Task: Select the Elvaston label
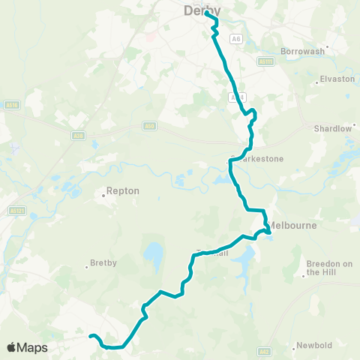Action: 337,78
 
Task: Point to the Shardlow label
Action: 333,128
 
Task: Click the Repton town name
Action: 124,190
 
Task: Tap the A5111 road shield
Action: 265,61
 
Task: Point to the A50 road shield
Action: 149,127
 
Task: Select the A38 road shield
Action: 78,135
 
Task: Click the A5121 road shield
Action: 17,211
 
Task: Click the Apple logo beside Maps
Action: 12,347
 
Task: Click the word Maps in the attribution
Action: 32,348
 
